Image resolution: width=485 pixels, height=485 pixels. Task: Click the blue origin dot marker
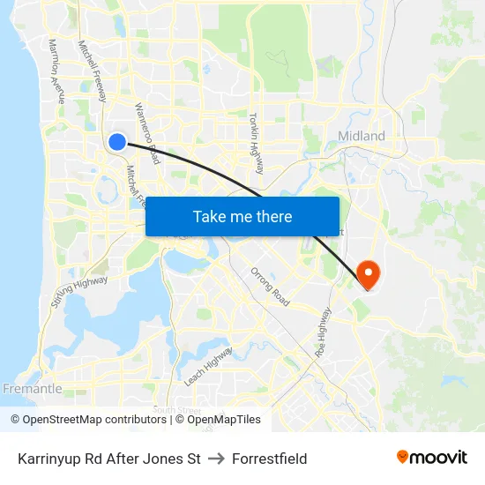(x=117, y=141)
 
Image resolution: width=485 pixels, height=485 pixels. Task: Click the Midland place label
(x=362, y=136)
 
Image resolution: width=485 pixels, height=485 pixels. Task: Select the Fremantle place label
(x=33, y=389)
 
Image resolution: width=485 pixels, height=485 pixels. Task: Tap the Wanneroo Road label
(x=146, y=133)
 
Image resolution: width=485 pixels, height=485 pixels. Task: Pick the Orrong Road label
(x=270, y=287)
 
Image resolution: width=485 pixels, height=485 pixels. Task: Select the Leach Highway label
(x=208, y=366)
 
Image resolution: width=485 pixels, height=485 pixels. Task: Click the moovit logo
(x=432, y=458)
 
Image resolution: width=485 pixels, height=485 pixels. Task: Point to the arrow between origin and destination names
(x=216, y=459)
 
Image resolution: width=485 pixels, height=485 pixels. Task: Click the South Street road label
(x=177, y=410)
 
